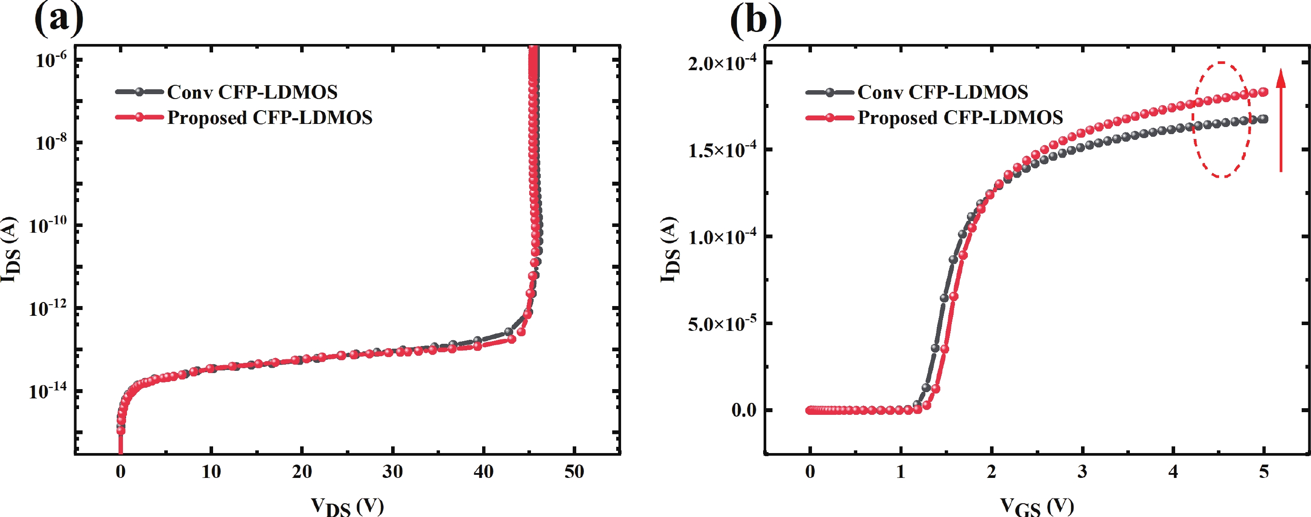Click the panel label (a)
pyautogui.click(x=59, y=20)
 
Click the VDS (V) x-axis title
pyautogui.click(x=347, y=506)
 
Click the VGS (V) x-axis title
pyautogui.click(x=1037, y=506)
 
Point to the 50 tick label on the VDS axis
pyautogui.click(x=574, y=472)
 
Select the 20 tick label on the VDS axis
pyautogui.click(x=302, y=472)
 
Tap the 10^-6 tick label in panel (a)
pyautogui.click(x=51, y=60)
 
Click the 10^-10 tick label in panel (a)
pyautogui.click(x=48, y=225)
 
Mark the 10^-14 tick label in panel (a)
pyautogui.click(x=48, y=391)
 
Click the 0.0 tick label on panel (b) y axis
pyautogui.click(x=744, y=410)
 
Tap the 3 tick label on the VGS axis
pyautogui.click(x=1082, y=472)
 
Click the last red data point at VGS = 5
pyautogui.click(x=1263, y=92)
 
